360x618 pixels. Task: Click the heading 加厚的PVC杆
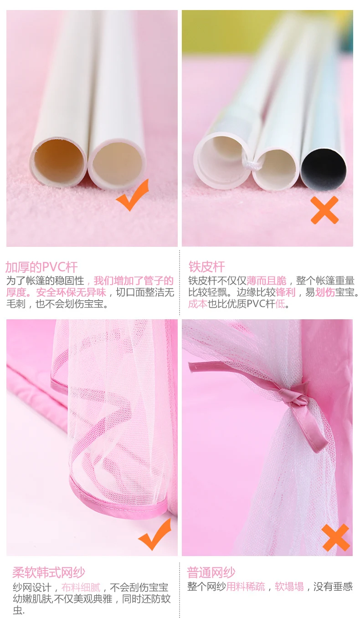[41, 267]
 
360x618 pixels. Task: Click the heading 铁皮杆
[206, 267]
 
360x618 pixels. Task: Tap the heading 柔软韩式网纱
[49, 572]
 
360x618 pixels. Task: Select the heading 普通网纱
[211, 572]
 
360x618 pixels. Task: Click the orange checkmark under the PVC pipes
[133, 195]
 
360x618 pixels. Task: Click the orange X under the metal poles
[324, 210]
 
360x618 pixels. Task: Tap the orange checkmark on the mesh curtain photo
[154, 534]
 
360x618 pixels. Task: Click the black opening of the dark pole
[324, 169]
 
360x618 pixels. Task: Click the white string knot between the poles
[251, 165]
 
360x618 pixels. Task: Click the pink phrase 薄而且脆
[267, 281]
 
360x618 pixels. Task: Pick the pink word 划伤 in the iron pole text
[325, 292]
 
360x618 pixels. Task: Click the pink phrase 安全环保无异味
[71, 292]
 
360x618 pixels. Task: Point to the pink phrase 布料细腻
[81, 587]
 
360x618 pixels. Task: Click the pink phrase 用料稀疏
[246, 586]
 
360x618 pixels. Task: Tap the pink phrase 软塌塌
[289, 586]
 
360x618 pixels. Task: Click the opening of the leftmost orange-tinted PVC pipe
[59, 159]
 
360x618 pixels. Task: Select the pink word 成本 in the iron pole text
[198, 304]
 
